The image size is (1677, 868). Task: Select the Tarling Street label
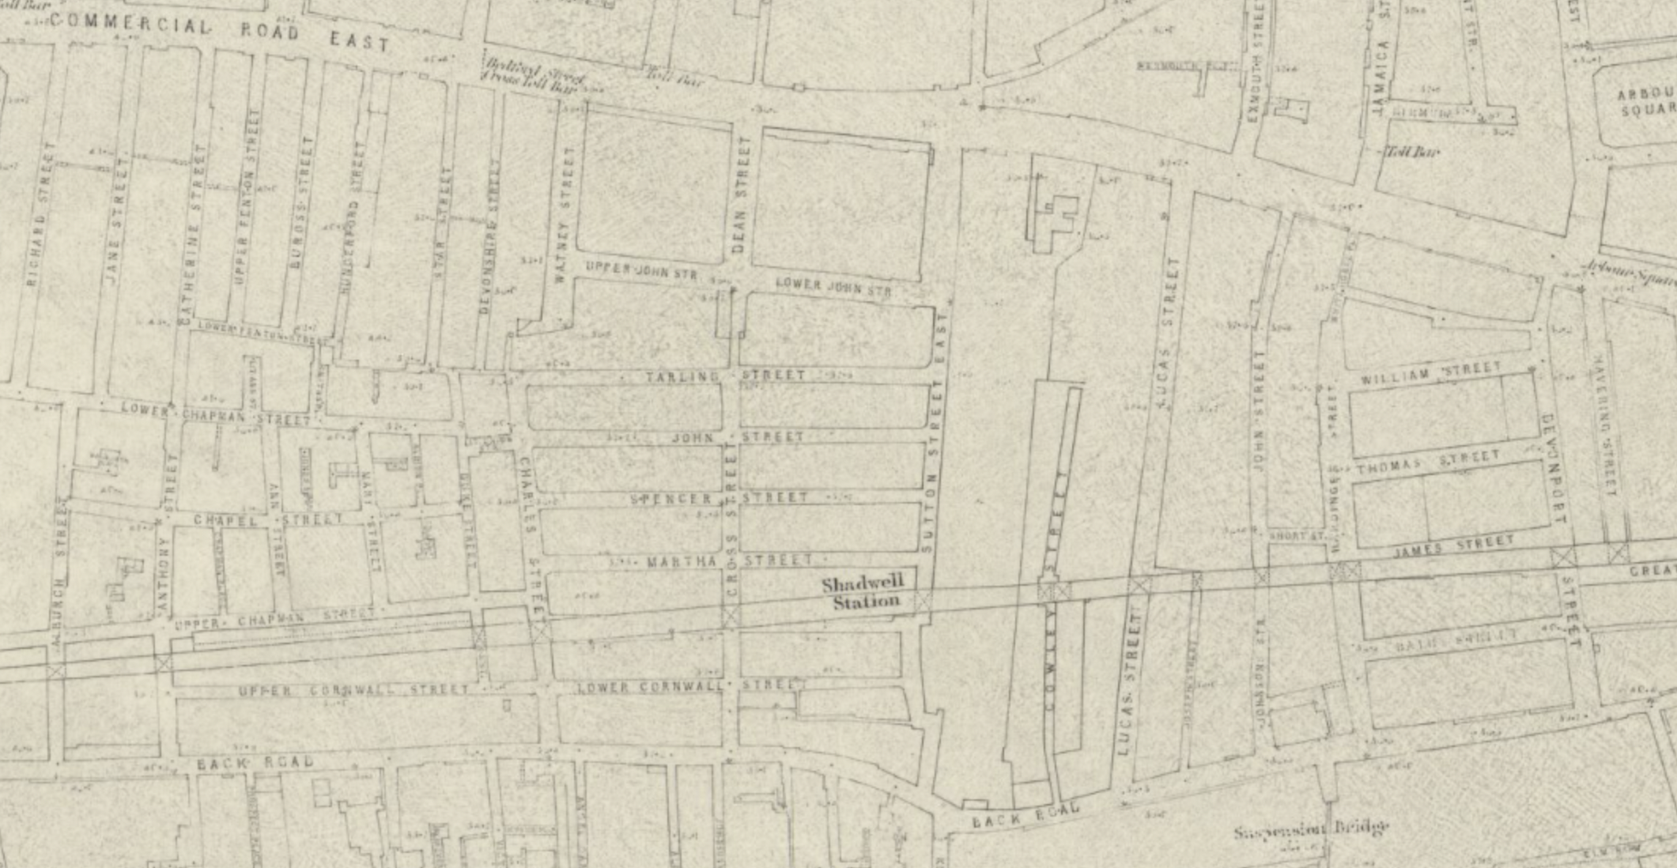coord(726,376)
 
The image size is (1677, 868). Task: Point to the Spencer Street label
coord(720,499)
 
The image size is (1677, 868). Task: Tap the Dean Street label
coord(741,194)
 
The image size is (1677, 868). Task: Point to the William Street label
coord(1430,373)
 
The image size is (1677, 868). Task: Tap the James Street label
coord(1453,545)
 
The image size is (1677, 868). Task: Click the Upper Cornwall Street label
coord(354,690)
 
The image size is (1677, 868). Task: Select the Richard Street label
coord(39,213)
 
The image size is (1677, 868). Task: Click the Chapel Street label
coord(268,520)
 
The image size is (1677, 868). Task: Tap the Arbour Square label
coord(1645,103)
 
